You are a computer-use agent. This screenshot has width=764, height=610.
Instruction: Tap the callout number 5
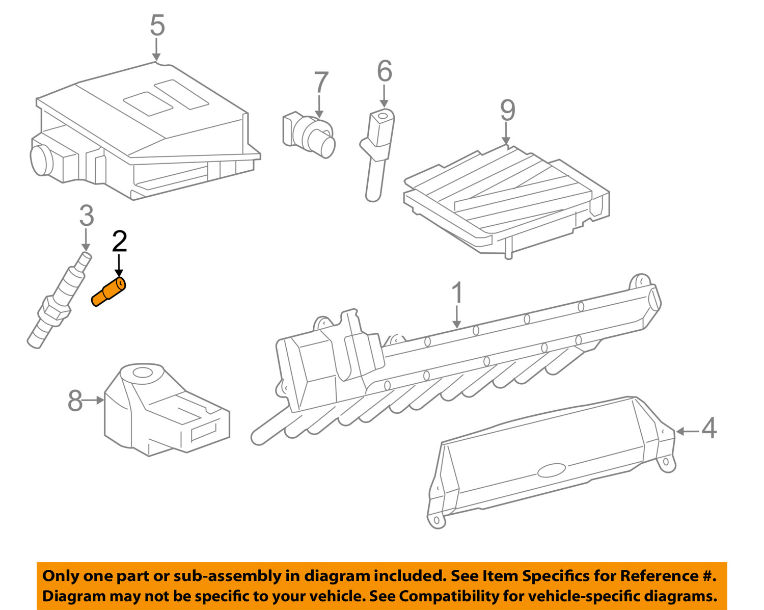click(x=157, y=25)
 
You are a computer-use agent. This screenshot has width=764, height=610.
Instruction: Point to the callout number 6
click(x=385, y=71)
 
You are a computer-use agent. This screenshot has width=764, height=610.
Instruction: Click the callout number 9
click(x=507, y=110)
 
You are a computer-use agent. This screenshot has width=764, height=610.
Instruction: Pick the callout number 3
click(x=87, y=216)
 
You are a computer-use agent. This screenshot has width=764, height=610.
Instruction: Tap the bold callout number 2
click(x=119, y=242)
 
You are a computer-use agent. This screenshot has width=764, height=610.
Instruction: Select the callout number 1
click(x=457, y=293)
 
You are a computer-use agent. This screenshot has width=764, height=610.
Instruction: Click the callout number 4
click(x=709, y=429)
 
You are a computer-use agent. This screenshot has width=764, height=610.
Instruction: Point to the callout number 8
click(x=75, y=401)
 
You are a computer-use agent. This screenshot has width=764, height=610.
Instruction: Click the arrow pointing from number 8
click(x=94, y=401)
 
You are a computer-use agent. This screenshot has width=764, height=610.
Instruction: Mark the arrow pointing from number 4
click(x=687, y=432)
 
